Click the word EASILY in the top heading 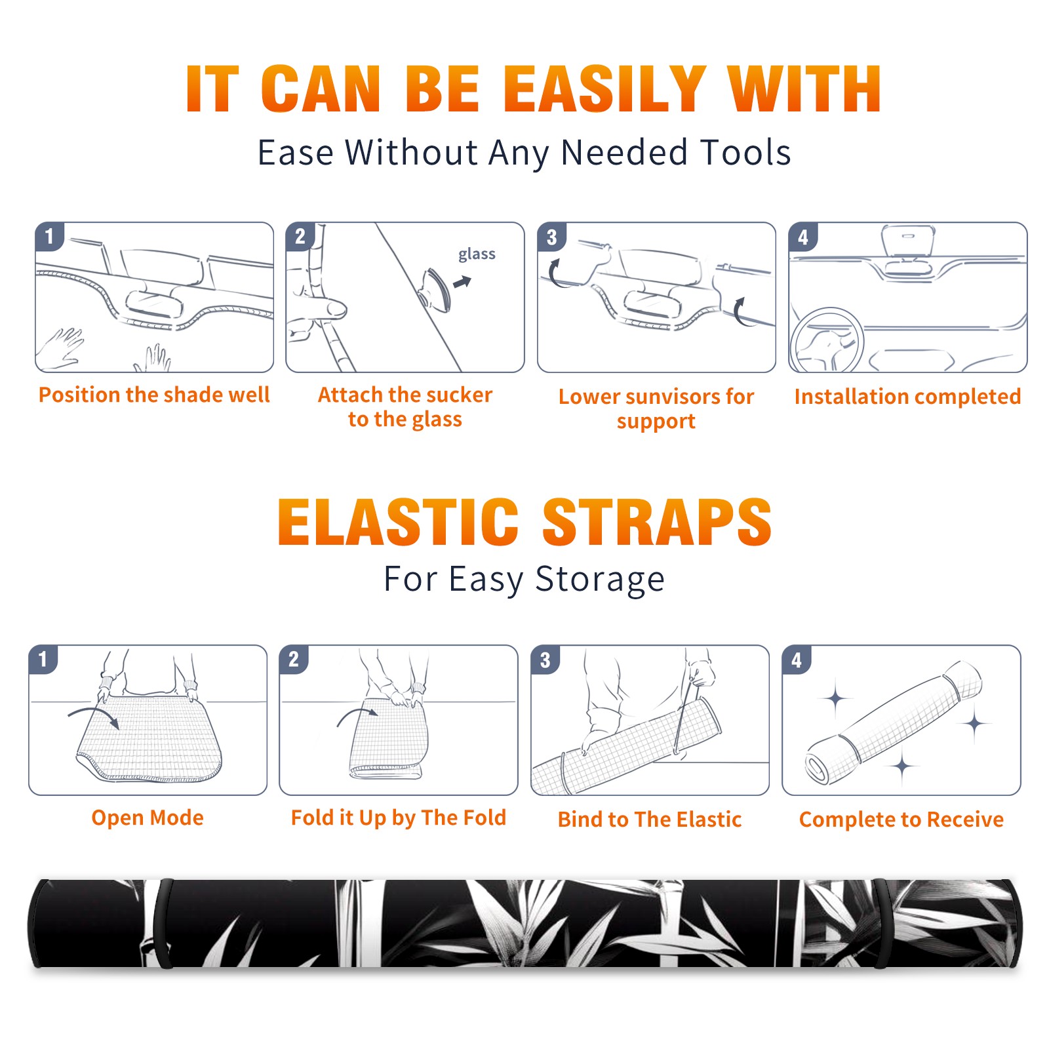[x=605, y=89]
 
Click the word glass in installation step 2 [x=477, y=254]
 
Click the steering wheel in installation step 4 [x=827, y=341]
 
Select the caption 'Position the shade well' [x=154, y=395]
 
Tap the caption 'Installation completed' [x=907, y=397]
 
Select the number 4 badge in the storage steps [x=797, y=660]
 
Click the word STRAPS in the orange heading [x=657, y=522]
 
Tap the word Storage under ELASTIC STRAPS [x=600, y=580]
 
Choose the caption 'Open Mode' [x=148, y=818]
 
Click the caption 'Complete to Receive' [x=901, y=820]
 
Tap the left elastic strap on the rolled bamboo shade [x=162, y=923]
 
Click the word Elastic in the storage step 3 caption [x=709, y=820]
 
